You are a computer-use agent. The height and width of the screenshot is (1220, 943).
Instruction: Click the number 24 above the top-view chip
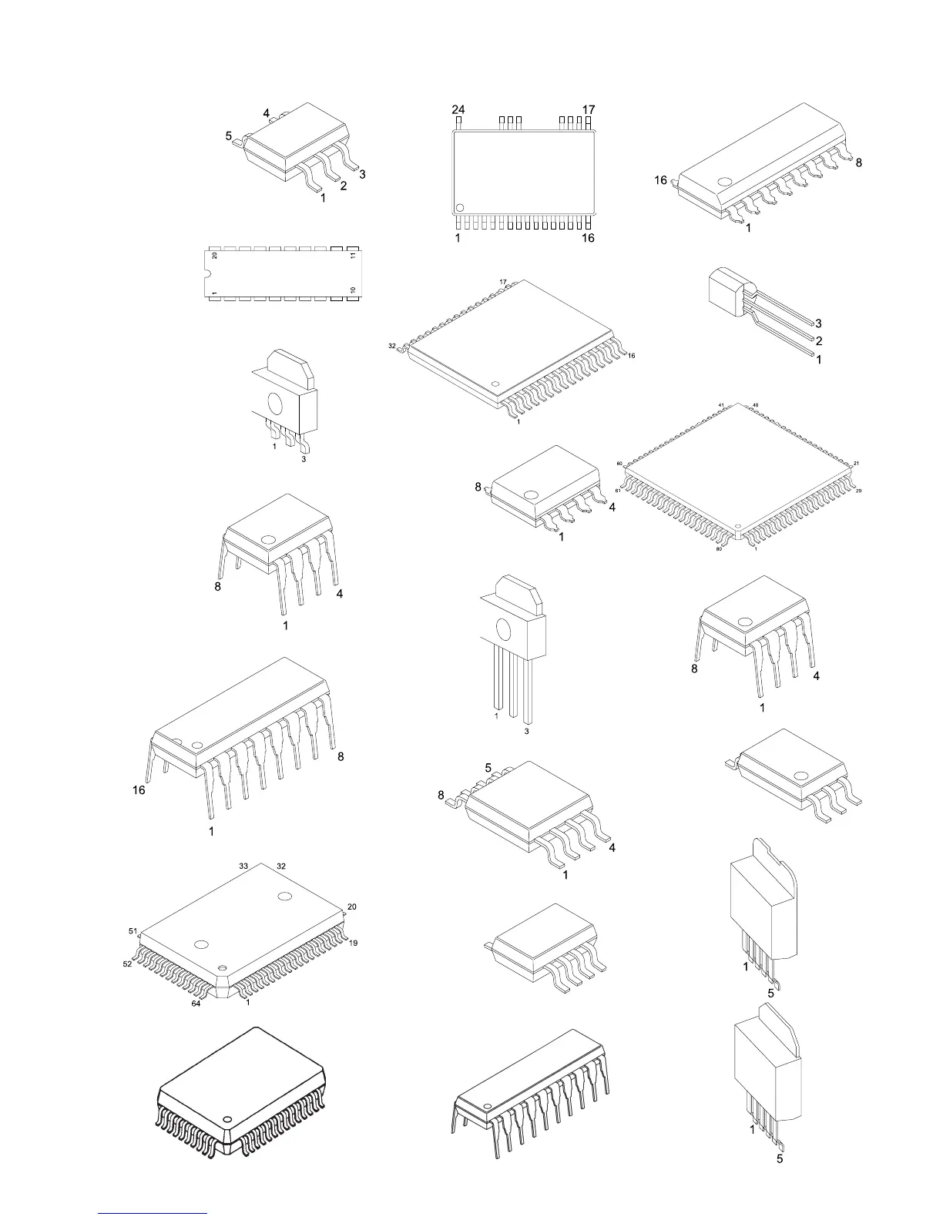[x=458, y=110]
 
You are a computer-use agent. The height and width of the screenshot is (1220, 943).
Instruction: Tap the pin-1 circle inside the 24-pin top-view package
[x=460, y=207]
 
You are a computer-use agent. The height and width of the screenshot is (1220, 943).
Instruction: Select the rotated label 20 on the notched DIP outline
[x=214, y=255]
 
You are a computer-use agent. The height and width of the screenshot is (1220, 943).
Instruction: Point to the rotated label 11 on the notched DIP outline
[x=352, y=255]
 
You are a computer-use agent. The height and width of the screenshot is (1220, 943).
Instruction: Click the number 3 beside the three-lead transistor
[x=818, y=323]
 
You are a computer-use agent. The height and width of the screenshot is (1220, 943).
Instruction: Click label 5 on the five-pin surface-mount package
[x=229, y=136]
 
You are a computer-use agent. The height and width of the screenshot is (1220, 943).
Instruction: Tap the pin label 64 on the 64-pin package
[x=196, y=1004]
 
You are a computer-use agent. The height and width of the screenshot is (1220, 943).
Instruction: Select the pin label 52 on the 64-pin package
[x=127, y=964]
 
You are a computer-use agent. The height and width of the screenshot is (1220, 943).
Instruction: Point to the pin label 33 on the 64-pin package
[x=243, y=866]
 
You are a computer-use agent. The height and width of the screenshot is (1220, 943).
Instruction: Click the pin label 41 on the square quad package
[x=721, y=405]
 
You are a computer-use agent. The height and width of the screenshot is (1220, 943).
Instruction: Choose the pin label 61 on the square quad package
[x=618, y=491]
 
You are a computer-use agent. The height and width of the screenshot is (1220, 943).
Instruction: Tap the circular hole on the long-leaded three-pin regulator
[x=505, y=628]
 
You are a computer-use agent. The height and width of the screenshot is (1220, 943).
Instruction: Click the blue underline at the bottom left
[x=153, y=1213]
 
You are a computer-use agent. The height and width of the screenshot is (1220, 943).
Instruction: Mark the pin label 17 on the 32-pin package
[x=503, y=282]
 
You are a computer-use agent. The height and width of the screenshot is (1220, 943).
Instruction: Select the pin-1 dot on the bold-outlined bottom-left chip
[x=227, y=1118]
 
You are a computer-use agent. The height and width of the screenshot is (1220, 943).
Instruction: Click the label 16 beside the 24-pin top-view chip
[x=588, y=238]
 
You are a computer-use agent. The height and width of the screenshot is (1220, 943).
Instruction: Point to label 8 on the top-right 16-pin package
[x=858, y=163]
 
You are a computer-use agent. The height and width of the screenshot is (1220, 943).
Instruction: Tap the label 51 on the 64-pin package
[x=133, y=931]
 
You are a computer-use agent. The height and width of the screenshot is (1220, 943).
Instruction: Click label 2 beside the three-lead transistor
[x=818, y=341]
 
